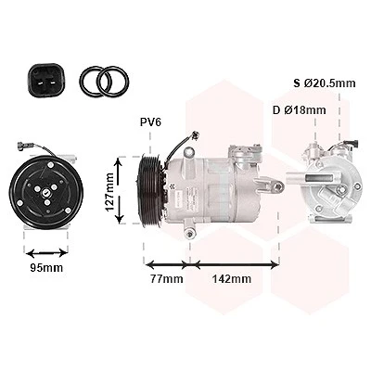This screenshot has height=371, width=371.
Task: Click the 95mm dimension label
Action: (46, 268)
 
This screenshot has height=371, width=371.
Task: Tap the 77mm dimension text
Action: (167, 279)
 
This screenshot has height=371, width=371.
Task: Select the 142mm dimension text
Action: (232, 279)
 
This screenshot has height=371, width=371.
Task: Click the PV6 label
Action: (150, 122)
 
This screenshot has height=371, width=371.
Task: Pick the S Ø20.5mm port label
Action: (325, 83)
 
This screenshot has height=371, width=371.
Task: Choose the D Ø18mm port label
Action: (300, 110)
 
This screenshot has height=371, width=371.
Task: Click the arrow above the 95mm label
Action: (46, 253)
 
